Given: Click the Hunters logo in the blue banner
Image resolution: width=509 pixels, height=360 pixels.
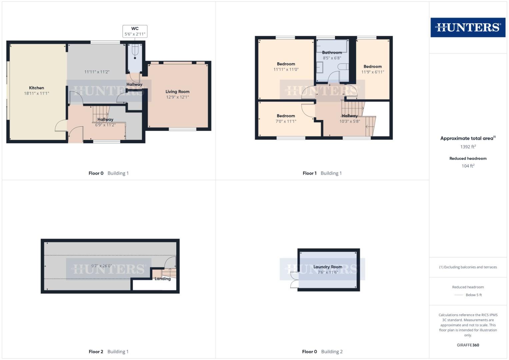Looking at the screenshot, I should tap(468, 27).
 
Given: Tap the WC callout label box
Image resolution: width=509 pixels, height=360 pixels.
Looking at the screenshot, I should tap(135, 31).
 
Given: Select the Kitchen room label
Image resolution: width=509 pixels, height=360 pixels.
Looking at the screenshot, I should tap(37, 88).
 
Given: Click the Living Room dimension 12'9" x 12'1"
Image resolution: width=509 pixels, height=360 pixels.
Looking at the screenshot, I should tap(177, 97).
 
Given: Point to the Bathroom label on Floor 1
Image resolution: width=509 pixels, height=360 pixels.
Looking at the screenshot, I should tap(332, 53).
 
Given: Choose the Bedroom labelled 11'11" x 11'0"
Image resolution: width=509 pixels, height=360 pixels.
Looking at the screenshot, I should tap(286, 64).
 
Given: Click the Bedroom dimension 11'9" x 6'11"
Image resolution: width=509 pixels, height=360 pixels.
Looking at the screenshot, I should tap(373, 72).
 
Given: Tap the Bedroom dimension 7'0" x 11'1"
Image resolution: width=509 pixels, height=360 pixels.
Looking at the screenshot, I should tap(286, 121).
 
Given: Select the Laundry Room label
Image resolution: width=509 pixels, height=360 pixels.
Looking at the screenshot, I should tap(328, 267).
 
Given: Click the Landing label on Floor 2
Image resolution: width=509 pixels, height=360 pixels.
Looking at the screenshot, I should tap(163, 279).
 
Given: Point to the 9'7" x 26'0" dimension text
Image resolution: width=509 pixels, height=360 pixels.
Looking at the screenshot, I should tap(101, 266).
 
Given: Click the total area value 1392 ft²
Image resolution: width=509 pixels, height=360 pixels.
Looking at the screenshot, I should tap(468, 147).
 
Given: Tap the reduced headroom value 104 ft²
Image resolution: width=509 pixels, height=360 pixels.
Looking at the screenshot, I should tap(468, 166).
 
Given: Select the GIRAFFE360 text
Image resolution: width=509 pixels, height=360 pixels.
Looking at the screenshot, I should tap(468, 345).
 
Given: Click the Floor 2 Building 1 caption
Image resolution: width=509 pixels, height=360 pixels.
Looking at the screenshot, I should tap(109, 352).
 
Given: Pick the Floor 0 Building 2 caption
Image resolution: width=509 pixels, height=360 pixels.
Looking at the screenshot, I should tap(322, 352).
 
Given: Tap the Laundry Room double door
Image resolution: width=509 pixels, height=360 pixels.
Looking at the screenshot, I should tap(294, 280).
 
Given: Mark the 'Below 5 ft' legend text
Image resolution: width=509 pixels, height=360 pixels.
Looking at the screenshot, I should tap(474, 295).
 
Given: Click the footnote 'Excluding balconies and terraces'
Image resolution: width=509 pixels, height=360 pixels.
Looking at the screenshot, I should tap(468, 267).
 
